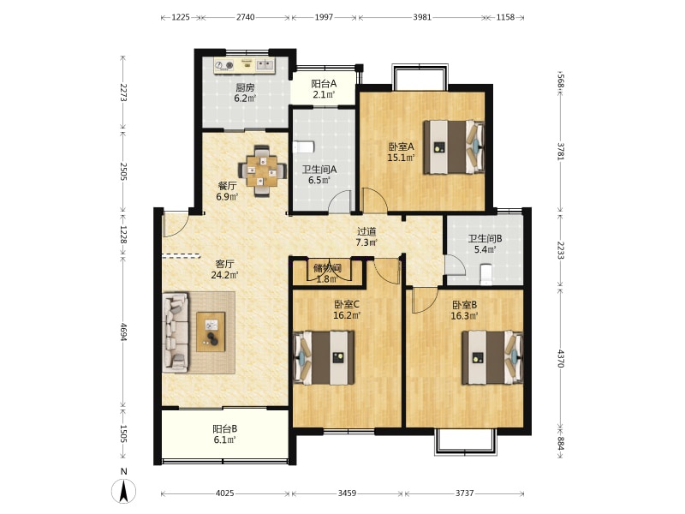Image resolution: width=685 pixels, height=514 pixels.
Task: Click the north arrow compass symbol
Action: pyautogui.click(x=124, y=490)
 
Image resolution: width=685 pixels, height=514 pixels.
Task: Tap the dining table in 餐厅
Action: pyautogui.click(x=262, y=170)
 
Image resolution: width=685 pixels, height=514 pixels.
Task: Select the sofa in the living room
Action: pyautogui.click(x=176, y=332)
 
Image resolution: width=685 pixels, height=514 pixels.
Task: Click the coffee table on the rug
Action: pyautogui.click(x=211, y=332)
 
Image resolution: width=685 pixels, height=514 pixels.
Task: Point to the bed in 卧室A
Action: pyautogui.click(x=454, y=147)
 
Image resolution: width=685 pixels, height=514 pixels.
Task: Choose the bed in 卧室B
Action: pyautogui.click(x=492, y=357)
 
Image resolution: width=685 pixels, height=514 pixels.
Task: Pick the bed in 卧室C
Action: pyautogui.click(x=324, y=357)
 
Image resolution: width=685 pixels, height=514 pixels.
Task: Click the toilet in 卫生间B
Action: pyautogui.click(x=486, y=274)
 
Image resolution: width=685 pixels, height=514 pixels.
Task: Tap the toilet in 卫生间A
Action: pyautogui.click(x=304, y=146)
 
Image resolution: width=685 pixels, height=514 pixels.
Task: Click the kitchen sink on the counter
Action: pyautogui.click(x=265, y=65)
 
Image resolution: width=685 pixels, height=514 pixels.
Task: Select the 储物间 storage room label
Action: pyautogui.click(x=327, y=267)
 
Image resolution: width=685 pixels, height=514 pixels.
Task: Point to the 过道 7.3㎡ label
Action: pyautogui.click(x=366, y=237)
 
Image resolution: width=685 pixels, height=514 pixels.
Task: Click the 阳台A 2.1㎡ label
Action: pyautogui.click(x=324, y=89)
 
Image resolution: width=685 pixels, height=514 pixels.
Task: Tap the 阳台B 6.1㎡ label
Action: pyautogui.click(x=225, y=434)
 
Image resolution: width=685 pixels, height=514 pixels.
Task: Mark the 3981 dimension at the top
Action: pyautogui.click(x=422, y=17)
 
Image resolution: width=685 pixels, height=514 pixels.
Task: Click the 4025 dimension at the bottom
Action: pyautogui.click(x=225, y=493)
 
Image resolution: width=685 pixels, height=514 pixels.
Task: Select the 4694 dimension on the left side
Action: pyautogui.click(x=123, y=332)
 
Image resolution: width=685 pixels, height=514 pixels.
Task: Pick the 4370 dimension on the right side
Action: pyautogui.click(x=561, y=357)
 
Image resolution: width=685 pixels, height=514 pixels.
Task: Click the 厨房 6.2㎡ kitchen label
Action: pyautogui.click(x=245, y=93)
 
